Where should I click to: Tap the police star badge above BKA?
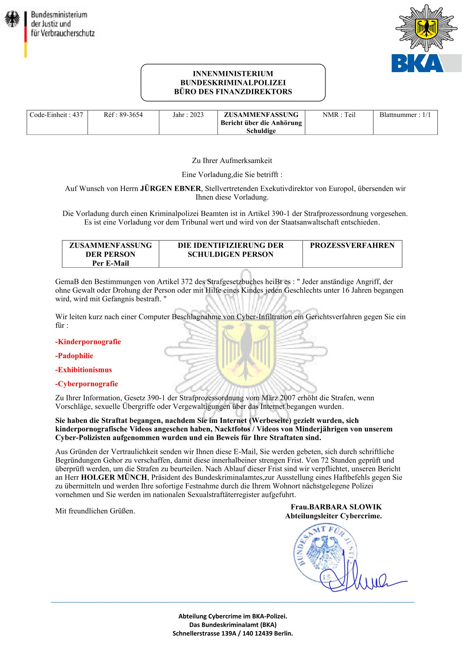(x=427, y=28)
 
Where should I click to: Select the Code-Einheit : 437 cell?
(x=57, y=115)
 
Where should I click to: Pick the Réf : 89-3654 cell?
(x=123, y=115)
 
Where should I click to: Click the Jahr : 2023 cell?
(x=188, y=115)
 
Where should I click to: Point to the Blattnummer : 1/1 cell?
(x=405, y=115)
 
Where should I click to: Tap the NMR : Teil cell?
(x=339, y=115)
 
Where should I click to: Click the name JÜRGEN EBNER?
(x=170, y=189)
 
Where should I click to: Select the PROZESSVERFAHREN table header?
(x=352, y=246)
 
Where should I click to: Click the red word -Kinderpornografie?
(x=88, y=342)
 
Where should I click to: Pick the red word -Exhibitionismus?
(x=83, y=370)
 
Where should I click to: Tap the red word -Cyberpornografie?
(x=87, y=384)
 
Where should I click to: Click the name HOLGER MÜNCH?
(x=114, y=477)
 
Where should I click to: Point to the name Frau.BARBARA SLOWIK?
(x=336, y=507)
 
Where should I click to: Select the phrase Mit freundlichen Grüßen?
(x=95, y=511)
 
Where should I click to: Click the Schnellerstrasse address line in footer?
(x=232, y=633)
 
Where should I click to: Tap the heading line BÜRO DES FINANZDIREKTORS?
(x=233, y=92)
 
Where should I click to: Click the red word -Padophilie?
(x=74, y=356)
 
